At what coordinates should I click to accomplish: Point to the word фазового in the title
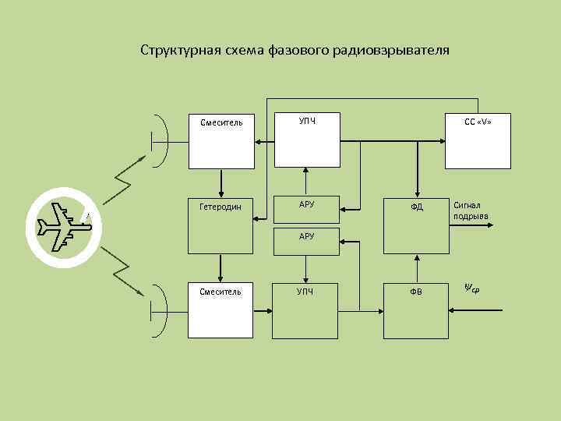pos(299,51)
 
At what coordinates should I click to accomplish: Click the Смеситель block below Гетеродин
pos(221,310)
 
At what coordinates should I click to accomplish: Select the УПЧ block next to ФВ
pos(307,310)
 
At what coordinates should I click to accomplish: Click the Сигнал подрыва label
pos(471,210)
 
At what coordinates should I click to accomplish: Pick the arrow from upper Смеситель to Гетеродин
pos(221,182)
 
